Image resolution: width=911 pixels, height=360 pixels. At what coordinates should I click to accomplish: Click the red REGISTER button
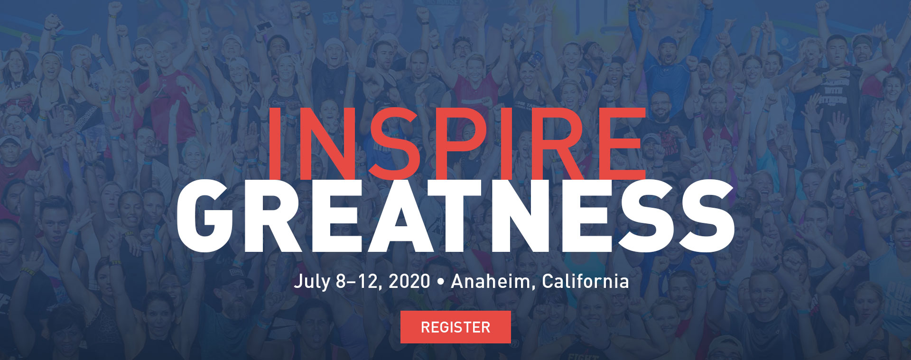click(455, 327)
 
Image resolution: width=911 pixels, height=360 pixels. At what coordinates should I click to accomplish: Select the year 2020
click(409, 281)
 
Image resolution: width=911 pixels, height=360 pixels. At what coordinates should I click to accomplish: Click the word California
click(585, 281)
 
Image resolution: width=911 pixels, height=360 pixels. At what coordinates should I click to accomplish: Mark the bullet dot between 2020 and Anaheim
click(441, 282)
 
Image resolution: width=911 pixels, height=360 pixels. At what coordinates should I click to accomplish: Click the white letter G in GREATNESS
click(205, 216)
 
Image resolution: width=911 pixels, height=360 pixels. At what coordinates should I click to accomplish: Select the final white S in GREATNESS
click(706, 216)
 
